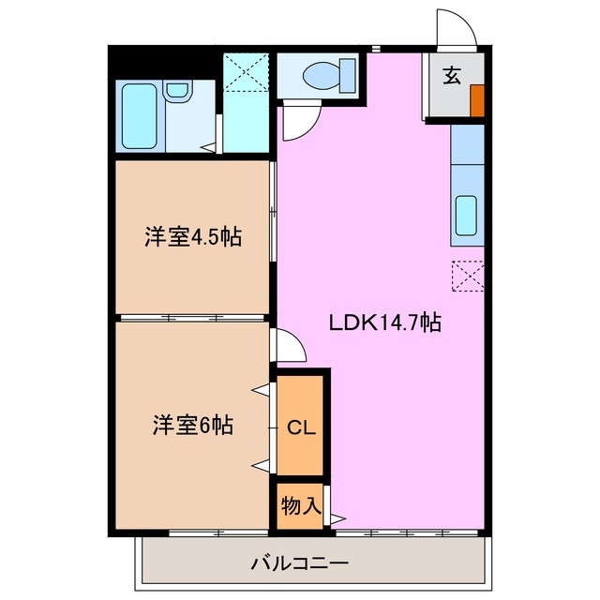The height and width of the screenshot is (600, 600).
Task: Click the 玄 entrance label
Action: point(452,77)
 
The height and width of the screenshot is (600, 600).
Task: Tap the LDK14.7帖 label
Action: point(384,323)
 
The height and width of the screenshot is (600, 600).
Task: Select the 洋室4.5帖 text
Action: point(193,236)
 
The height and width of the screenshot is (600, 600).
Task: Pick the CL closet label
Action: point(300,428)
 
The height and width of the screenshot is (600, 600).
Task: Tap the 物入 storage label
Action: point(300,506)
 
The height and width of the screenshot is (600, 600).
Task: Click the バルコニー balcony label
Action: point(300,563)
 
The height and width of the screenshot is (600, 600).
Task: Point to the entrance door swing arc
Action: point(457,29)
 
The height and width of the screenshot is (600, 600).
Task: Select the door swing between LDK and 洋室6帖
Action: point(291,347)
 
